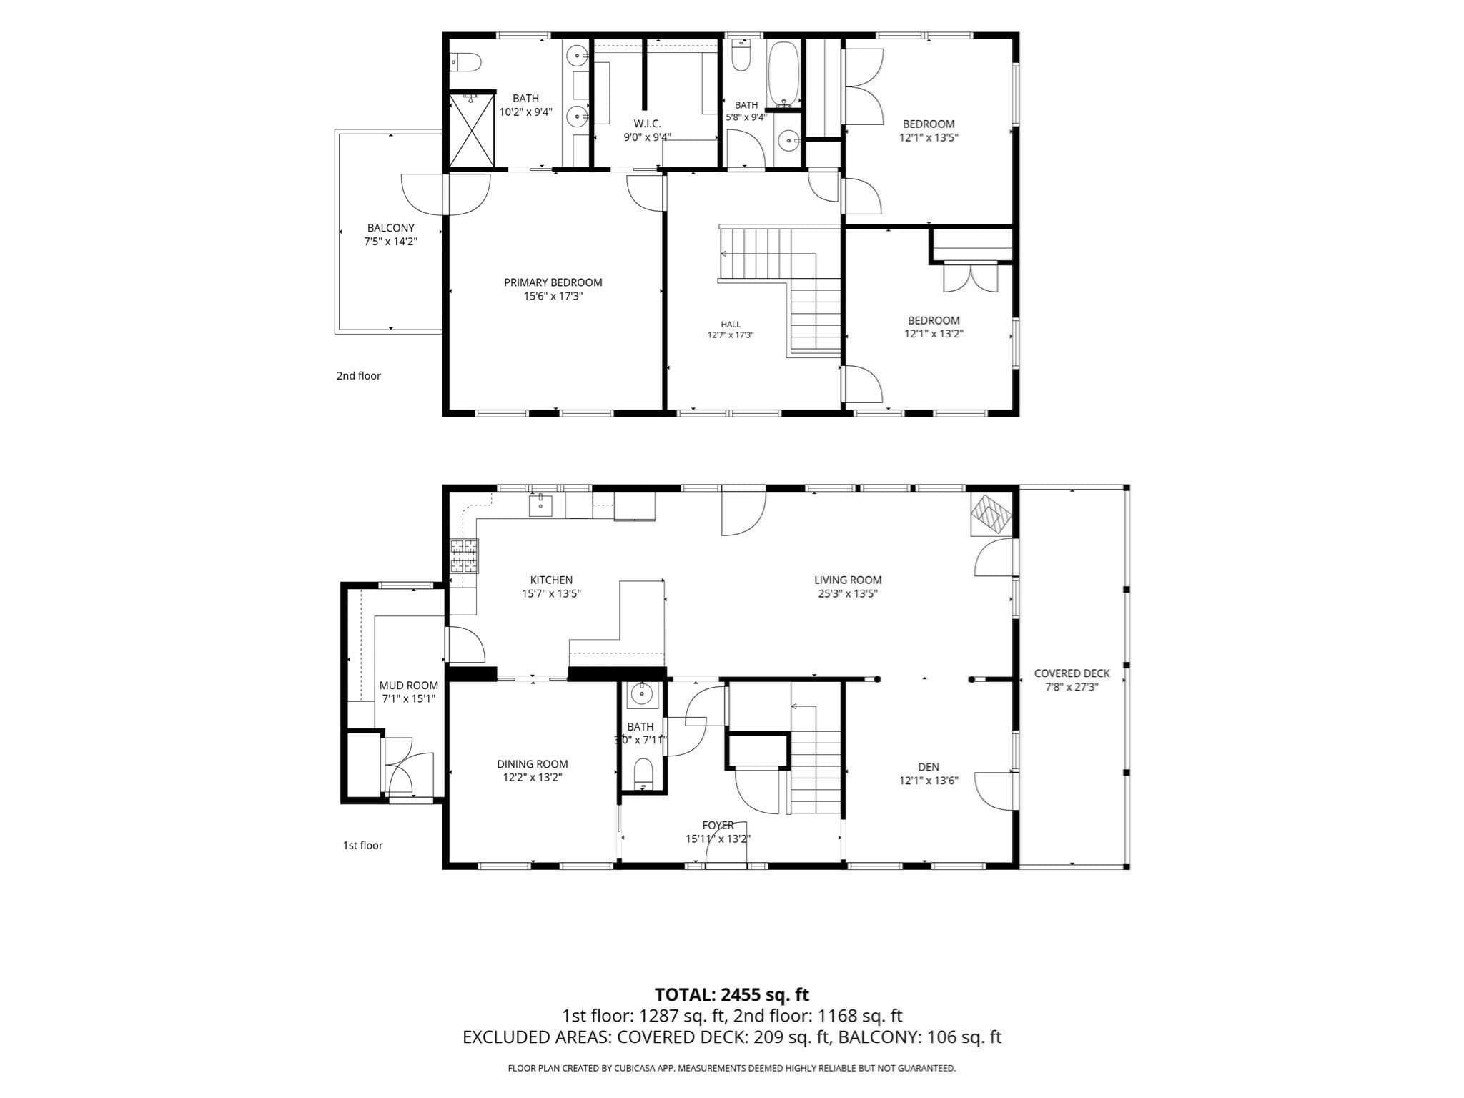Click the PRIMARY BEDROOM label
[x=553, y=282]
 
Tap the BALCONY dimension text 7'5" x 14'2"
[x=390, y=242]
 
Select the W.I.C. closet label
[x=647, y=124]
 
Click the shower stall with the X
[x=471, y=131]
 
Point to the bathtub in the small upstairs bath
[x=783, y=74]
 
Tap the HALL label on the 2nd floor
[x=731, y=324]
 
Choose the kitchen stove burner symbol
[x=464, y=556]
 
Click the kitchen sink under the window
[x=540, y=504]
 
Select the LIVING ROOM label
[x=848, y=580]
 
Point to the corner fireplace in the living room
[x=991, y=514]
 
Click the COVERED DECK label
[x=1072, y=673]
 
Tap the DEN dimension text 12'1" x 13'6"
[x=928, y=781]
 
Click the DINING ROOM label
[x=533, y=764]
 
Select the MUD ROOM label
[x=408, y=686]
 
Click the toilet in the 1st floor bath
[x=643, y=772]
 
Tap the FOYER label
[x=718, y=826]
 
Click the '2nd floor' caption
[x=359, y=376]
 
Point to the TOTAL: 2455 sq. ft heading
[x=732, y=994]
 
